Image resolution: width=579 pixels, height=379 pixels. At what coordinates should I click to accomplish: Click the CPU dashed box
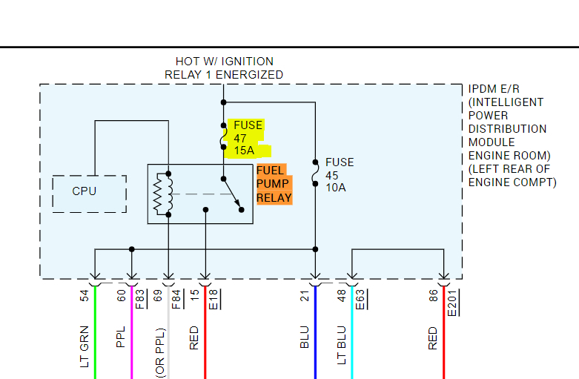tap(84, 192)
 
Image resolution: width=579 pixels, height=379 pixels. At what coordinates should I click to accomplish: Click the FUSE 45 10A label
tap(340, 175)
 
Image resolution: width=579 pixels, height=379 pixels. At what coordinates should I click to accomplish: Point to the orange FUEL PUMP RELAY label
tap(273, 184)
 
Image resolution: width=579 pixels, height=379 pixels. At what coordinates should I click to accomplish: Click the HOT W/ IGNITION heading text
tap(224, 62)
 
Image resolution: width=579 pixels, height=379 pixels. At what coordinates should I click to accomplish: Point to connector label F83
tap(142, 300)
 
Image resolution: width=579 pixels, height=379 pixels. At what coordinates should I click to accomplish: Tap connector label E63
tap(362, 300)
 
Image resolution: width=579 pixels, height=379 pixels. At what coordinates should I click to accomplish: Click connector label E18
tap(215, 300)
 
